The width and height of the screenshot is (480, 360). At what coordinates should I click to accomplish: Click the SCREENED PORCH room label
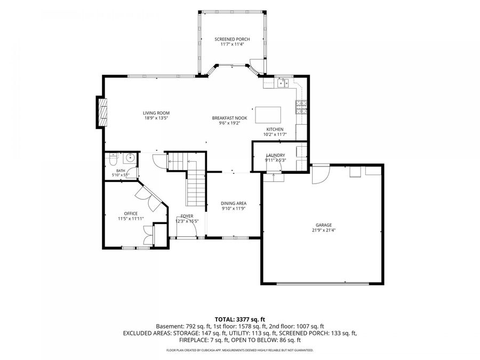(x=232, y=39)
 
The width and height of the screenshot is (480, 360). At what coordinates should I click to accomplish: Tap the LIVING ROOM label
(x=156, y=113)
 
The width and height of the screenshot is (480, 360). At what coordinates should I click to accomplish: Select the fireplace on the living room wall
(x=102, y=112)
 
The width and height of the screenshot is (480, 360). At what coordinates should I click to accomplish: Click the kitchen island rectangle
(x=268, y=115)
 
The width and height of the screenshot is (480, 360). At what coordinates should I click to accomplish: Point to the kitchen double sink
(x=283, y=83)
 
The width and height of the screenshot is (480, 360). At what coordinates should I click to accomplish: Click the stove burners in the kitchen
(x=301, y=107)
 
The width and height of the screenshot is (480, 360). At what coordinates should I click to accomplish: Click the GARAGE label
(x=324, y=225)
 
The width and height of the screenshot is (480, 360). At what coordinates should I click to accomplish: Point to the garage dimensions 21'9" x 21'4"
(x=324, y=230)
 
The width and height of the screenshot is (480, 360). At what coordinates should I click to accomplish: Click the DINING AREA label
(x=234, y=203)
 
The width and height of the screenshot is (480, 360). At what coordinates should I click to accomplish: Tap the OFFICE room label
(x=131, y=213)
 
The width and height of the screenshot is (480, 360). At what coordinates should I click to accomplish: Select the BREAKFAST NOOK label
(x=229, y=118)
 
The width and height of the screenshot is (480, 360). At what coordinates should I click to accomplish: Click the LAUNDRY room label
(x=276, y=155)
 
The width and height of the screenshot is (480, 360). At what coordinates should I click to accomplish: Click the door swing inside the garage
(x=321, y=174)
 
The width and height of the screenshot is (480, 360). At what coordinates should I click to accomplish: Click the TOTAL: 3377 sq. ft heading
(x=239, y=320)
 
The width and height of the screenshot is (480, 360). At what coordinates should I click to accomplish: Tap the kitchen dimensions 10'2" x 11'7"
(x=275, y=134)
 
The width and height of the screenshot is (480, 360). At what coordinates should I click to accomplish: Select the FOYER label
(x=187, y=216)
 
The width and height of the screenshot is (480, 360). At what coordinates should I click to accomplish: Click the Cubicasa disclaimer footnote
(x=239, y=350)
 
